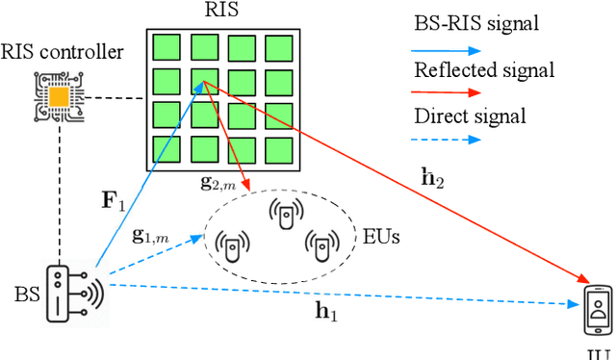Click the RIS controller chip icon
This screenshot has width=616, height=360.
59,97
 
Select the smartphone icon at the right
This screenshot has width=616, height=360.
599,306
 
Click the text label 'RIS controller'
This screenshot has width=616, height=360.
63,51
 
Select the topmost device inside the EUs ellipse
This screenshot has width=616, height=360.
284,217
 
